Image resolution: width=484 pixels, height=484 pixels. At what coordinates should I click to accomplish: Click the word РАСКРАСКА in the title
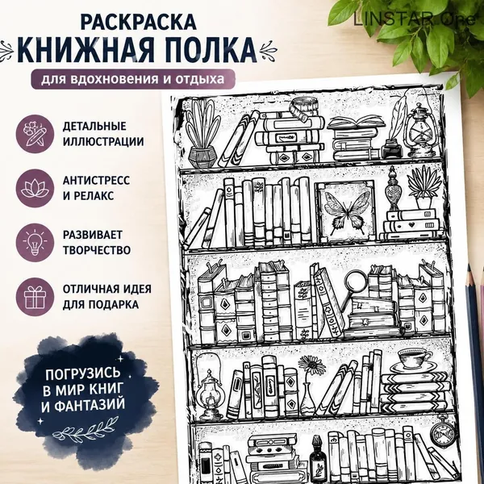tap(138, 22)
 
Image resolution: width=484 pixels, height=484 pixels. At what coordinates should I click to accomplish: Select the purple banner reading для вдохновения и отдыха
tap(133, 79)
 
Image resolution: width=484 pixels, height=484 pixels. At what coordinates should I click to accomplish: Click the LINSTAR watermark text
tap(415, 19)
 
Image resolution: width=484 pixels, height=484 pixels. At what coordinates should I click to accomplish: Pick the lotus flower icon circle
tap(35, 188)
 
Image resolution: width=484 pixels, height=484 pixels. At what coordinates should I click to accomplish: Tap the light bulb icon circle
tap(35, 243)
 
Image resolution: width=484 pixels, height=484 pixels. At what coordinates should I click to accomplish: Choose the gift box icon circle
tap(35, 297)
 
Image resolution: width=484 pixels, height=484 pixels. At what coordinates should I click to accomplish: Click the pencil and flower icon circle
tap(35, 134)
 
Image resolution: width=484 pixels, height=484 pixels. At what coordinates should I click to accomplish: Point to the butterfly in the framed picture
tap(347, 211)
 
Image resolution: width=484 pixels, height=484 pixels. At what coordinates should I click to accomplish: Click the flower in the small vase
tap(310, 366)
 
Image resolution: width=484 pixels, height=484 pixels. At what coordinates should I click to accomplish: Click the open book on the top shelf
tap(357, 122)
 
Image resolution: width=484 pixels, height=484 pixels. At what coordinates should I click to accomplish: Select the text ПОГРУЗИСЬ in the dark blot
tap(83, 373)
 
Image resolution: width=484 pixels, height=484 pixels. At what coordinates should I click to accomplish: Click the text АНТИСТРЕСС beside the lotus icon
tap(96, 181)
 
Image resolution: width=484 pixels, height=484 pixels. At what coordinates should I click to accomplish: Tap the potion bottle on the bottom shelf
tap(318, 459)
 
